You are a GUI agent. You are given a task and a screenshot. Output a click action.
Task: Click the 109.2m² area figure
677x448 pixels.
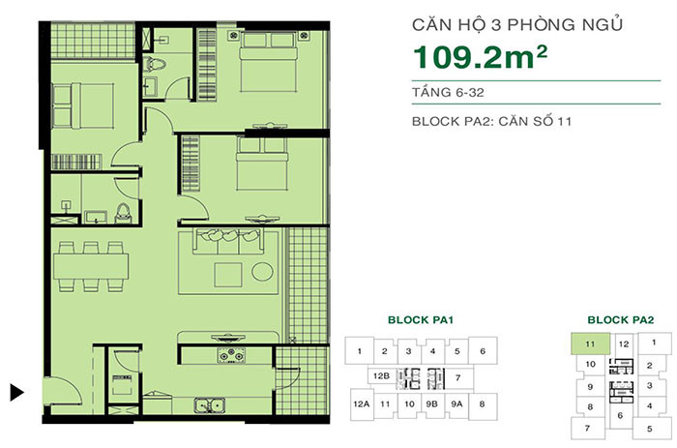(480, 57)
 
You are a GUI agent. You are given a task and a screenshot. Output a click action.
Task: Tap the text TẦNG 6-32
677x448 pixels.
(448, 93)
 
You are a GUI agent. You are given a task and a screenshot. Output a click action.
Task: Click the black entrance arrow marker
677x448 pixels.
(16, 392)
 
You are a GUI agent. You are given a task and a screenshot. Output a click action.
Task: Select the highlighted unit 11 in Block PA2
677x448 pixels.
(590, 343)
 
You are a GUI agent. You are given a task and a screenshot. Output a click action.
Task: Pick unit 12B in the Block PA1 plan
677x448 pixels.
(381, 376)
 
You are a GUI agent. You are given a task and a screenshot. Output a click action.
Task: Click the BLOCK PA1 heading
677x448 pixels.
(421, 320)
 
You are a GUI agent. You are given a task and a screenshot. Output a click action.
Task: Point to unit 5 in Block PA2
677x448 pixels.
(650, 429)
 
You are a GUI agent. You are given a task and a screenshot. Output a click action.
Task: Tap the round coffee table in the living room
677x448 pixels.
(262, 272)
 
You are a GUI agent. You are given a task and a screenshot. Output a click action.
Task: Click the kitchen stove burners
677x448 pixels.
(231, 355)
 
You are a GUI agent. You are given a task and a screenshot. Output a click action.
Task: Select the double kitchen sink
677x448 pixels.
(210, 405)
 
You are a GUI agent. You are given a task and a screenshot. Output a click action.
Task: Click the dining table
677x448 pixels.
(91, 266)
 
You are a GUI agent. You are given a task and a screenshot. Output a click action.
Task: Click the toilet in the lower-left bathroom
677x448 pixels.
(123, 214)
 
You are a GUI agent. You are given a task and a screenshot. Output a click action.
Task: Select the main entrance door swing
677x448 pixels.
(63, 391)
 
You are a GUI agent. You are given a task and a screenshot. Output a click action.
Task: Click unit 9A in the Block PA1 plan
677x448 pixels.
(456, 403)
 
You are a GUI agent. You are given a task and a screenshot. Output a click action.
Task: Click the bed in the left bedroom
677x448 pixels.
(83, 105)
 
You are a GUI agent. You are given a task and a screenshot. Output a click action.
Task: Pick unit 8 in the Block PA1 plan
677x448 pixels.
(483, 404)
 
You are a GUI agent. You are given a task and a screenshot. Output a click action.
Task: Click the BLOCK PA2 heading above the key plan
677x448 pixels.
(621, 320)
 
